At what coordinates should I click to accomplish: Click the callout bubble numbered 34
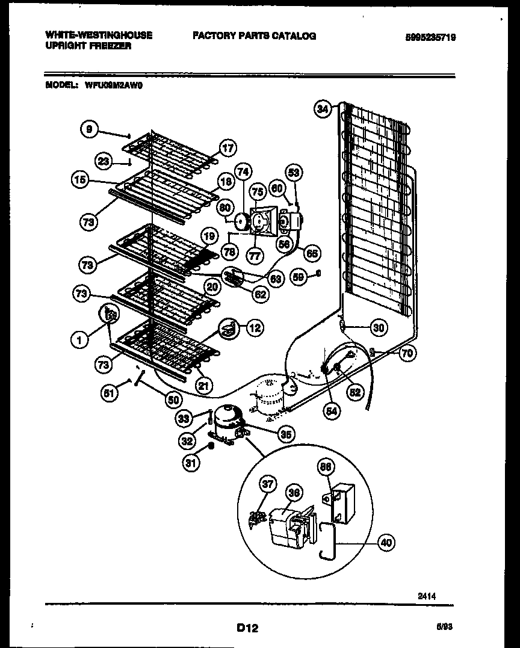[x=323, y=110]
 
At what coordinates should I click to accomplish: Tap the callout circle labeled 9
[x=89, y=129]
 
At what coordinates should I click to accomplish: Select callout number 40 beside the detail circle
[x=386, y=543]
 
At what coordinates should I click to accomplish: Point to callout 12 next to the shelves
[x=255, y=328]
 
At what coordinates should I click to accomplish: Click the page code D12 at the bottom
[x=247, y=628]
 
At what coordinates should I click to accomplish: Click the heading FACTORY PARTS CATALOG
[x=254, y=36]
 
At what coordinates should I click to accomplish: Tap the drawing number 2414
[x=427, y=596]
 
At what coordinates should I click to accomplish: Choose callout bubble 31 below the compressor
[x=191, y=464]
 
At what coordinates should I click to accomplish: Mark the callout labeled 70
[x=407, y=354]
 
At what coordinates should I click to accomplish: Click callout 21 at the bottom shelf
[x=205, y=386]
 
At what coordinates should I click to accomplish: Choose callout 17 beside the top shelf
[x=227, y=148]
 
